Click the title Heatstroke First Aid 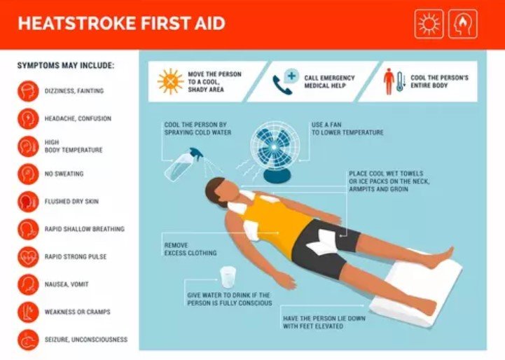tap(121, 24)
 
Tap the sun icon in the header tap(429, 24)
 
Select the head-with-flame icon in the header tap(463, 24)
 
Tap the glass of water tap(228, 277)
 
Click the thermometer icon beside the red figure tap(400, 81)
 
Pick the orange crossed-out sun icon tap(171, 81)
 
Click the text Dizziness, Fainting tap(74, 91)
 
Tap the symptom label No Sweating tap(64, 174)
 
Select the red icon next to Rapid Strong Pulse tap(28, 256)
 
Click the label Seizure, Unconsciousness tap(86, 340)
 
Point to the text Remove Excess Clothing tap(191, 249)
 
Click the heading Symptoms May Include tap(66, 65)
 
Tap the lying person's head tap(219, 191)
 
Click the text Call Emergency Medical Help tap(329, 82)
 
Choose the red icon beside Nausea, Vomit tap(28, 284)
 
